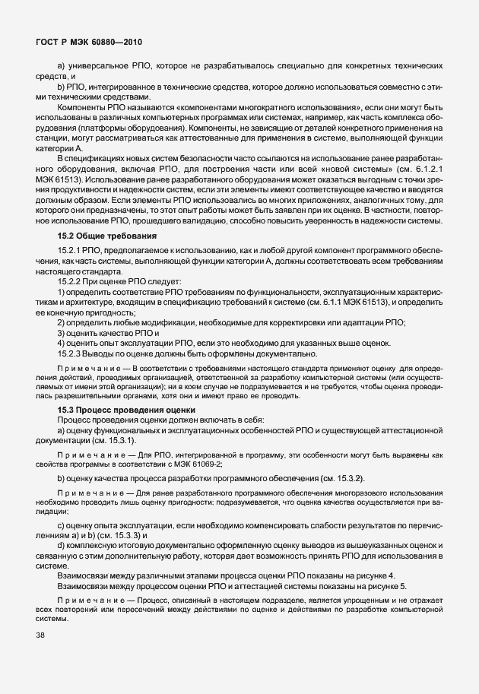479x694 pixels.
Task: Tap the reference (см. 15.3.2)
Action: coord(364,477)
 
